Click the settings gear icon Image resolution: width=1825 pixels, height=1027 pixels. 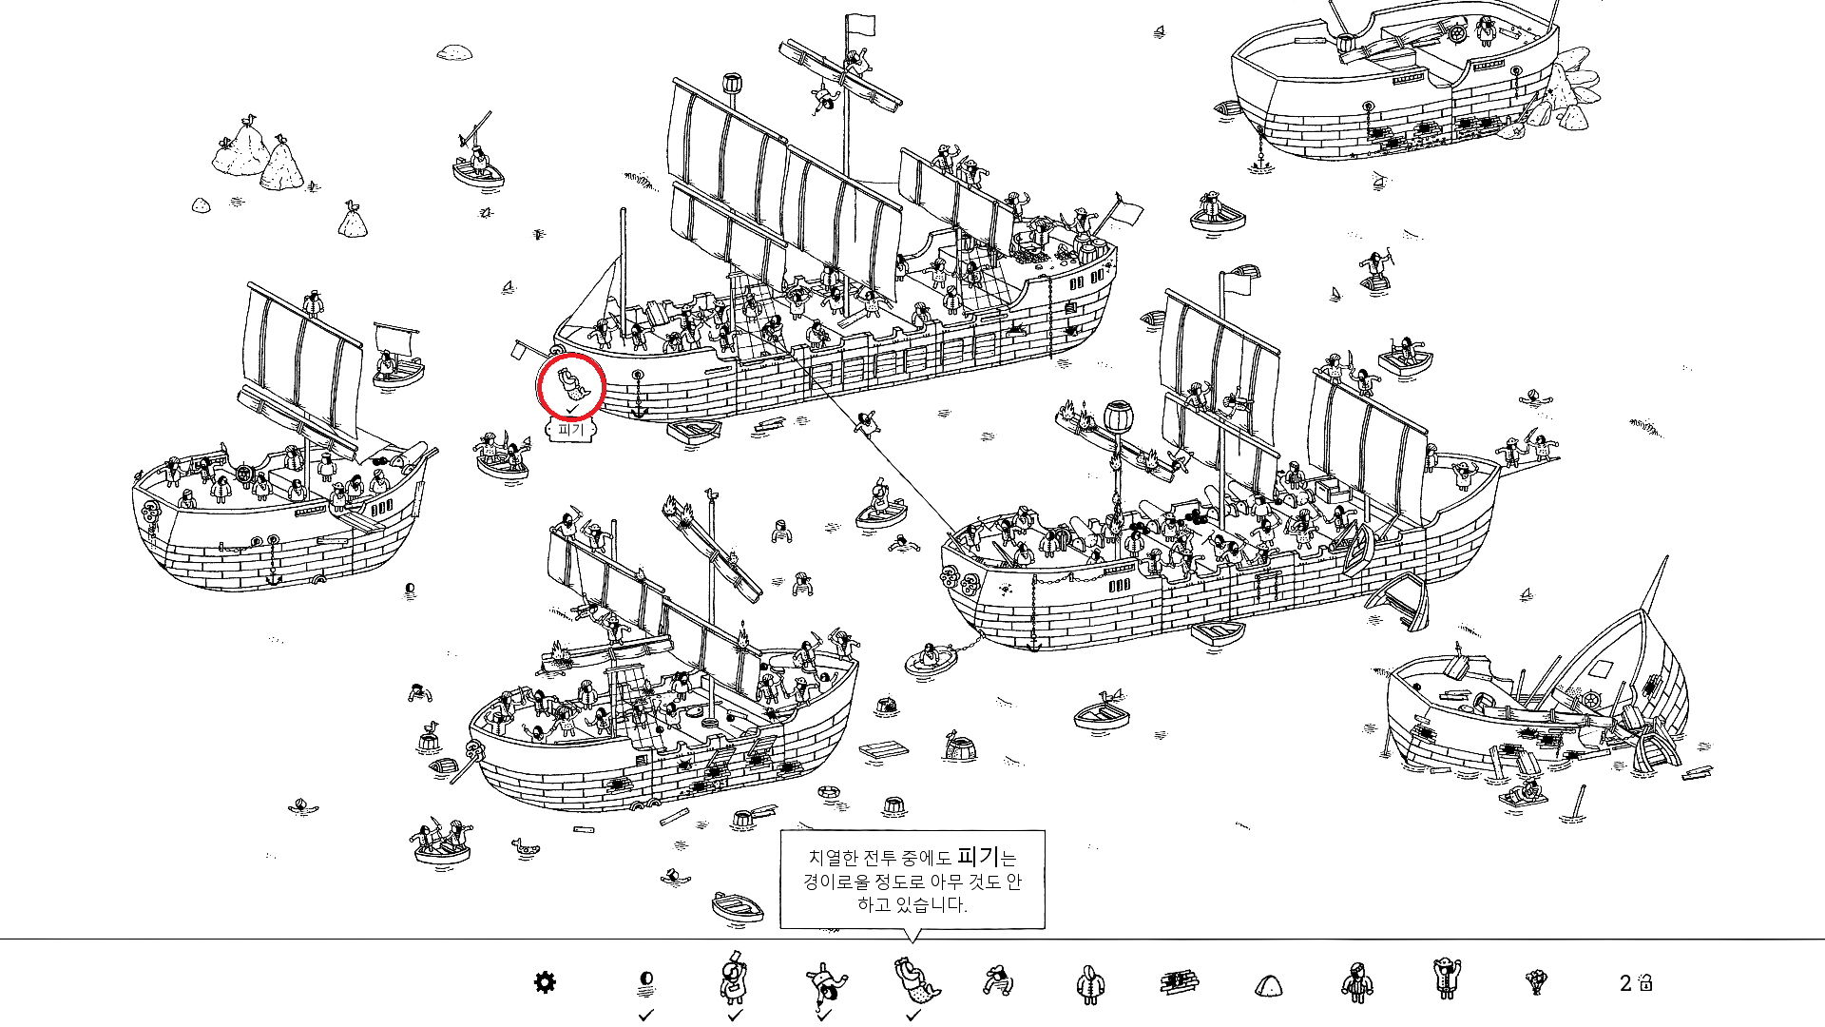click(545, 982)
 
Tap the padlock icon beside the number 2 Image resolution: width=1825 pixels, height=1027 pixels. click(1646, 982)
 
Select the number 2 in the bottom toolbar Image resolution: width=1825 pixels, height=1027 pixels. click(1625, 983)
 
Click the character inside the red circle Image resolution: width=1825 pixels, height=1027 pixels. click(572, 384)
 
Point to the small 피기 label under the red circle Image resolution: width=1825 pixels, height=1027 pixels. click(570, 430)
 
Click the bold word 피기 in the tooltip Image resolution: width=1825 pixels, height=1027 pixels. click(978, 856)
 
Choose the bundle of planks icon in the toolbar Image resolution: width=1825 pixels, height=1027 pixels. click(1179, 982)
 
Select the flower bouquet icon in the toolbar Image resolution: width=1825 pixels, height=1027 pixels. click(1535, 981)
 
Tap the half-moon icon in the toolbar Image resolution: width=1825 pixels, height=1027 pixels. click(646, 979)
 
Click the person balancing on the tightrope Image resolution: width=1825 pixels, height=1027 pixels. click(865, 422)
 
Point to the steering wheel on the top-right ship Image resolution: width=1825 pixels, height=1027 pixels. click(1456, 34)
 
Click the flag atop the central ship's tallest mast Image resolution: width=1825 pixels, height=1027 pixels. click(860, 25)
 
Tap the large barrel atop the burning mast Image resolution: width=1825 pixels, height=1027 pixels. click(1119, 417)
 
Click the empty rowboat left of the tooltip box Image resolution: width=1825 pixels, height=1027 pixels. click(738, 905)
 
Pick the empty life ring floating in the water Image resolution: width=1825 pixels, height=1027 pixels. click(830, 791)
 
